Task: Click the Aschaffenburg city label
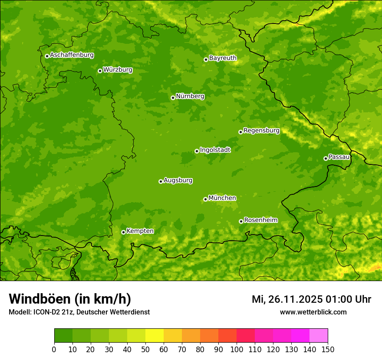[x=72, y=55]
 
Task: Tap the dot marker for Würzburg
[x=100, y=71]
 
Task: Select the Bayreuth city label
[x=223, y=58]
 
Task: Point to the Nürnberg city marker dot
[x=173, y=98]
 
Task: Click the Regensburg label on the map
[x=261, y=131]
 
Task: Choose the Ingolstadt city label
[x=215, y=150]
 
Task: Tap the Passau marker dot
[x=326, y=158]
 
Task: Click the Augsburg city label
[x=178, y=180]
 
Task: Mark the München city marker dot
[x=205, y=199]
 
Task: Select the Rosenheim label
[x=260, y=220]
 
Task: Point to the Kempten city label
[x=140, y=231]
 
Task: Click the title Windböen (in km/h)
[x=69, y=299]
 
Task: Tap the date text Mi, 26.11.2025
[x=286, y=299]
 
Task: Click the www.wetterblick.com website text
[x=313, y=312]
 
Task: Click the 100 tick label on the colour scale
[x=237, y=349]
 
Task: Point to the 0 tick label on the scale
[x=54, y=349]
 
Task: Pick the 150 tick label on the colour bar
[x=328, y=349]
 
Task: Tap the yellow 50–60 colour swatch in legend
[x=155, y=336]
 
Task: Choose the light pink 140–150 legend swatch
[x=319, y=336]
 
